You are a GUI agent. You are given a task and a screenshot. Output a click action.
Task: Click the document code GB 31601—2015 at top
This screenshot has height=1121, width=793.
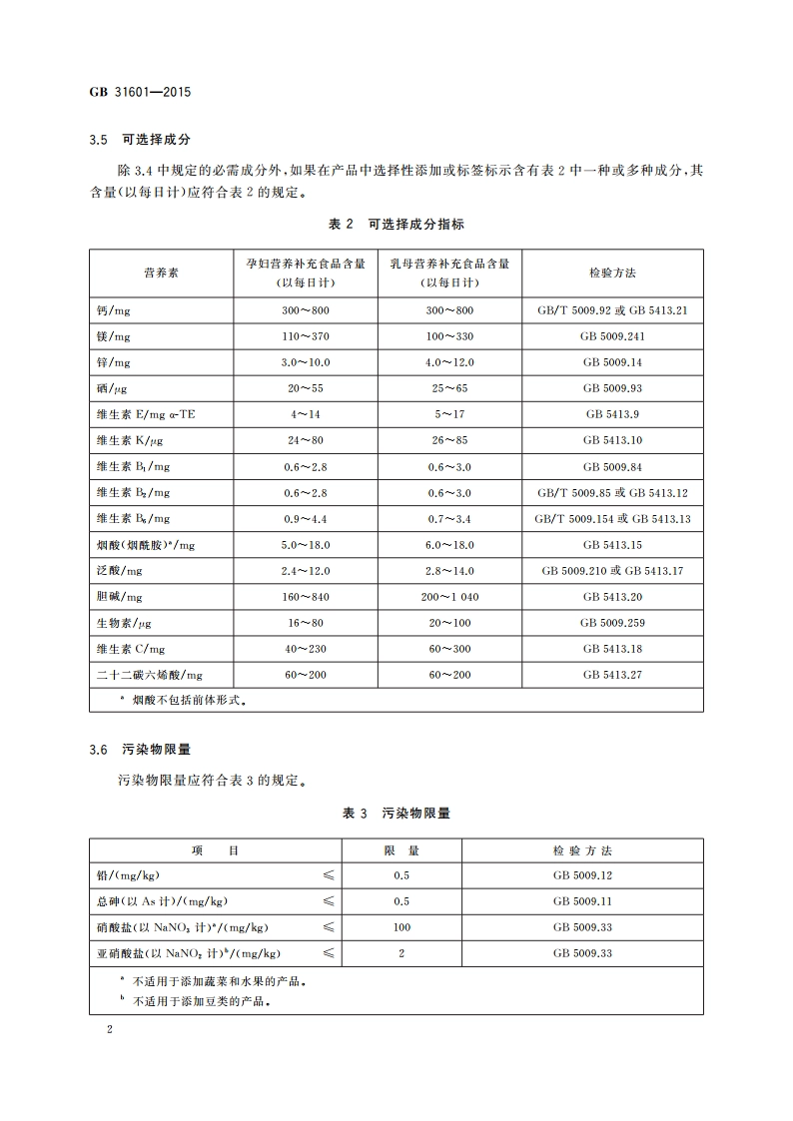click(x=140, y=92)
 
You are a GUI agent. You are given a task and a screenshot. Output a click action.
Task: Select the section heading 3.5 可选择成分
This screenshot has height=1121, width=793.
click(x=139, y=141)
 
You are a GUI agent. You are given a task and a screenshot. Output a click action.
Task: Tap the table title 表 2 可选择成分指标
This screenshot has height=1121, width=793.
click(x=396, y=225)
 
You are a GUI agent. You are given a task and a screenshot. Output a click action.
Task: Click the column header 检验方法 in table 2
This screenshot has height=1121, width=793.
click(x=612, y=273)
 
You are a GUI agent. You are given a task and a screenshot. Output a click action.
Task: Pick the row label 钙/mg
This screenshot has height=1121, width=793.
click(x=114, y=310)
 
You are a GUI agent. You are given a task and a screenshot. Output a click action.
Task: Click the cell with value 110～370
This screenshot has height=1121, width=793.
click(x=306, y=336)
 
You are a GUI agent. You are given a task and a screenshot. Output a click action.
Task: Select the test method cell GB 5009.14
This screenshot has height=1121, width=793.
click(x=612, y=362)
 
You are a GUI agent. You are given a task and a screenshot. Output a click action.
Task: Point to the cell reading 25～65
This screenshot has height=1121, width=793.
click(x=449, y=388)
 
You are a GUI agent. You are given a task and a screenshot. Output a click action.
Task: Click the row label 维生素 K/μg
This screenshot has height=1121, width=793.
click(x=131, y=440)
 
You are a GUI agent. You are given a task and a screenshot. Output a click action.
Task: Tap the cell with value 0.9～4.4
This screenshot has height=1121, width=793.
click(x=306, y=519)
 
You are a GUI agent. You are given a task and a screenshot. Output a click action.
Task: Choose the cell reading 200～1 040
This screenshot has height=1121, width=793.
click(x=449, y=597)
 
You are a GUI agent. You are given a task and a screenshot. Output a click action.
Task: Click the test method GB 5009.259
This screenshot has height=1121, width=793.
click(x=612, y=623)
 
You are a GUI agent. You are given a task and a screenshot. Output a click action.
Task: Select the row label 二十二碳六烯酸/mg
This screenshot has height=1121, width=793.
click(x=149, y=675)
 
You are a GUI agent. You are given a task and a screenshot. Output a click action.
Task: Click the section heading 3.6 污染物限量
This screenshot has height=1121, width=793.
click(x=139, y=749)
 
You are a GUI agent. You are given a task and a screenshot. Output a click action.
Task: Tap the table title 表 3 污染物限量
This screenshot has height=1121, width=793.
click(x=396, y=814)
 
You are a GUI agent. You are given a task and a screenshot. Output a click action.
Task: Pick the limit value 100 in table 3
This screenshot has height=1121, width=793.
click(x=401, y=927)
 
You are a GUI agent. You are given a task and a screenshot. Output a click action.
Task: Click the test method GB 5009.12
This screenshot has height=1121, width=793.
click(x=582, y=875)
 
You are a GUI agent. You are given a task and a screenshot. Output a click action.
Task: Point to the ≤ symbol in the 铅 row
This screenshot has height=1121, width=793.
click(x=328, y=875)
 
